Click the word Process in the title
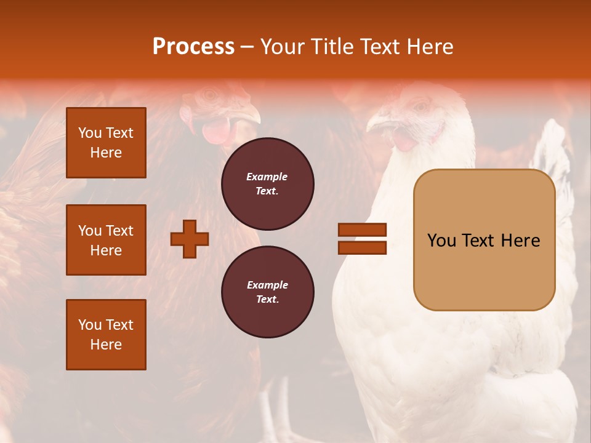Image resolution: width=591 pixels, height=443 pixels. pyautogui.click(x=193, y=47)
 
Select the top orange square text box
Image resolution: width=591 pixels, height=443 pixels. pyautogui.click(x=106, y=143)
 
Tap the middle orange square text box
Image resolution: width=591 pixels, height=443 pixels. pyautogui.click(x=106, y=240)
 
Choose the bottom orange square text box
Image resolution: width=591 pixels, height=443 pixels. pyautogui.click(x=106, y=335)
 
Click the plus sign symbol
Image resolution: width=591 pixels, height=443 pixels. pyautogui.click(x=190, y=239)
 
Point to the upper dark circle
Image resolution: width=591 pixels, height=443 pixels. pyautogui.click(x=267, y=184)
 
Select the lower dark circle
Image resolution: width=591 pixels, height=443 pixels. pyautogui.click(x=267, y=292)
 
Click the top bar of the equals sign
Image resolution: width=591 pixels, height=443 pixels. pyautogui.click(x=362, y=230)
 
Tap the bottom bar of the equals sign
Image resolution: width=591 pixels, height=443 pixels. pyautogui.click(x=362, y=247)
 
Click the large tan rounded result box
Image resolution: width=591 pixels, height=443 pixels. pyautogui.click(x=484, y=240)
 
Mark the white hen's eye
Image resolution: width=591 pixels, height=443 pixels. pyautogui.click(x=422, y=106)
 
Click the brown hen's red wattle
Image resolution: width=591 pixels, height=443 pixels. pyautogui.click(x=215, y=131)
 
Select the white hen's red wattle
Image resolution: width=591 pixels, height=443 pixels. pyautogui.click(x=405, y=140)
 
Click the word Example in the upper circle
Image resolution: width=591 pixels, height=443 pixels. pyautogui.click(x=267, y=177)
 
